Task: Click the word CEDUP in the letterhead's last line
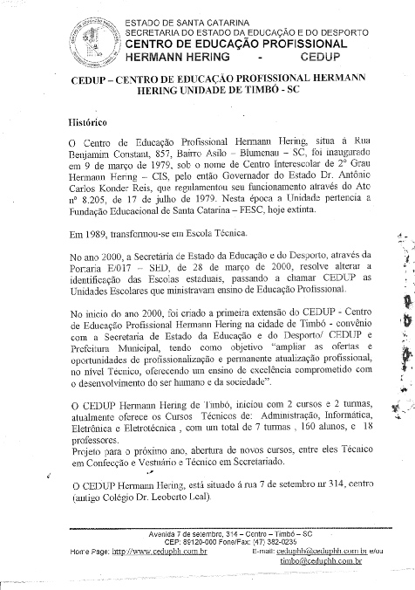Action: [x=318, y=55]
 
